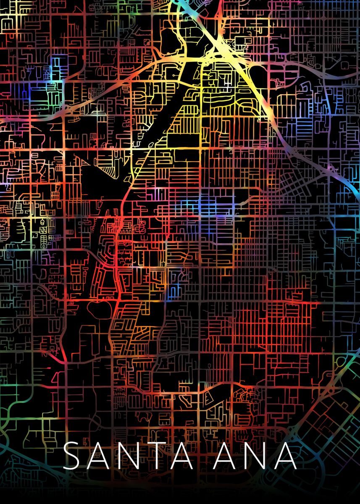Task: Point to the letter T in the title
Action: (160, 456)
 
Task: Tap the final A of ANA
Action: (286, 456)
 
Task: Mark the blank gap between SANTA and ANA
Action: (204, 456)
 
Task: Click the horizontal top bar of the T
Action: (160, 444)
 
